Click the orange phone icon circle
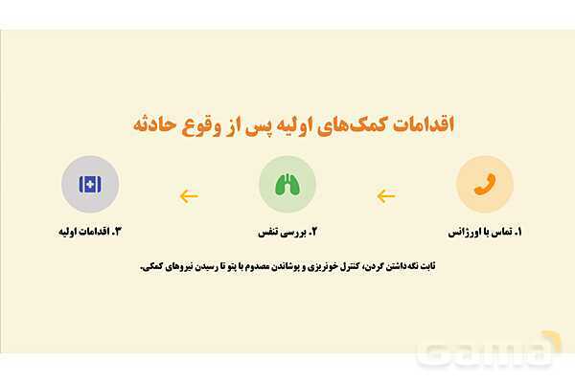pyautogui.click(x=485, y=184)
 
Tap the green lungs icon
pyautogui.click(x=287, y=184)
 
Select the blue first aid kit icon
pyautogui.click(x=90, y=184)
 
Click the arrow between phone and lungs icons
pyautogui.click(x=385, y=196)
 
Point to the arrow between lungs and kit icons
pyautogui.click(x=189, y=196)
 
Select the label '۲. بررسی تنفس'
pyautogui.click(x=287, y=233)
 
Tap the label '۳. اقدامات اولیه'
pyautogui.click(x=90, y=233)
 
